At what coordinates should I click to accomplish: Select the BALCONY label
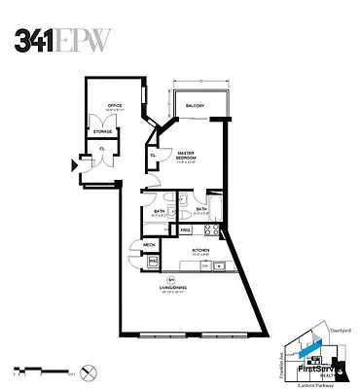(195, 105)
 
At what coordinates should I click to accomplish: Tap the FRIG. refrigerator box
(183, 230)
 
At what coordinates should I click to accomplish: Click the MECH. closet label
(150, 245)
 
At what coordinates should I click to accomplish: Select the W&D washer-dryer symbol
(152, 261)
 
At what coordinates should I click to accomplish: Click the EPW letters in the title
(82, 38)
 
